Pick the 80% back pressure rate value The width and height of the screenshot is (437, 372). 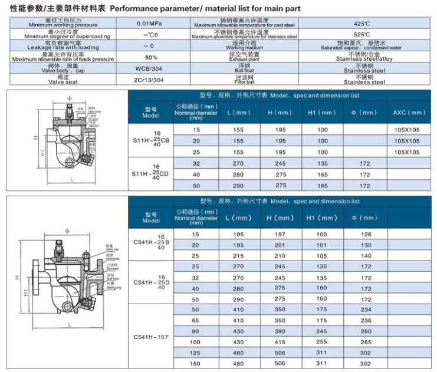151,57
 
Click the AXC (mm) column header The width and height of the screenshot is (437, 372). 408,113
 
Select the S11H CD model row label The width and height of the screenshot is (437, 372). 151,175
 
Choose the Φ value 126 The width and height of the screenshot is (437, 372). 366,234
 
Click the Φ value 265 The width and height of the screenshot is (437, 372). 366,342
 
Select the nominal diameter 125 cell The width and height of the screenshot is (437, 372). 196,353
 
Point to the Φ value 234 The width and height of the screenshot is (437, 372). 366,310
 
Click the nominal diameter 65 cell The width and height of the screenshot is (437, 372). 196,320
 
